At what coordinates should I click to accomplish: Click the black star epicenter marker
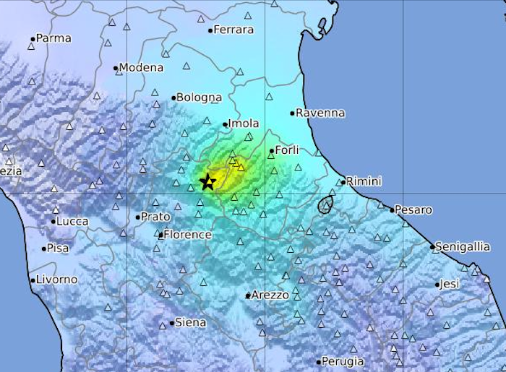click(208, 181)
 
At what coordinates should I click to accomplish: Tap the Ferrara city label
click(233, 30)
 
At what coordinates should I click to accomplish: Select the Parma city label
click(53, 38)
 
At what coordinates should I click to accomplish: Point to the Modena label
click(141, 68)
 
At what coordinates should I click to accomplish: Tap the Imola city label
click(244, 124)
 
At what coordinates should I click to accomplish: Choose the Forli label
click(287, 150)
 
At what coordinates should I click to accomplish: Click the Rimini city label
click(364, 181)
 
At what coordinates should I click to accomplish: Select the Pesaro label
click(414, 210)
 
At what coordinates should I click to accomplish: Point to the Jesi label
click(450, 284)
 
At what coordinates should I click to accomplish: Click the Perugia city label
click(343, 362)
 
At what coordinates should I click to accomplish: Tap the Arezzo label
click(270, 295)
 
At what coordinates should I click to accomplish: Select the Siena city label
click(191, 323)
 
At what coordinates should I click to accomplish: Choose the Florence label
click(188, 235)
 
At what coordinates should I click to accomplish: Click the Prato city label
click(155, 217)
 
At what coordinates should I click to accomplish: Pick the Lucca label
click(73, 221)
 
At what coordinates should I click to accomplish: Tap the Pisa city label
click(58, 248)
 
